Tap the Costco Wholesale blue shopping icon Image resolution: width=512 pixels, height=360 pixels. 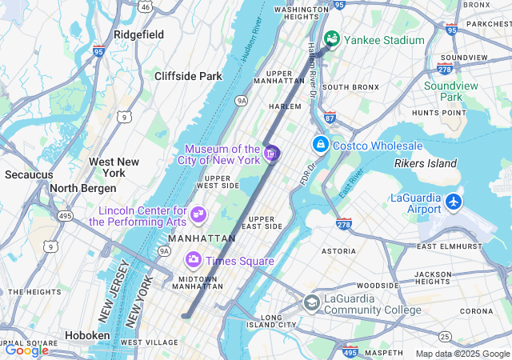pos(320,145)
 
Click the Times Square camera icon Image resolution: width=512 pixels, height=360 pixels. pos(193,260)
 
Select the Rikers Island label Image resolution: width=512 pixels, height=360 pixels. pos(425,164)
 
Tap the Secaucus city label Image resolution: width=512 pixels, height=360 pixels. pos(29,174)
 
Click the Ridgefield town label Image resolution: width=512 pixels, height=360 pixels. pos(139,35)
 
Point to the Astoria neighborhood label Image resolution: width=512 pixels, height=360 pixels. pos(338,250)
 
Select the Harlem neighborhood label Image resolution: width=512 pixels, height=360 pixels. pos(285,106)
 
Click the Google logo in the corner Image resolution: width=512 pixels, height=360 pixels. pos(26,350)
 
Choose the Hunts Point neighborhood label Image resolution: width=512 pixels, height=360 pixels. pos(438,113)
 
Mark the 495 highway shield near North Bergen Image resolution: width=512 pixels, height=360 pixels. pos(65,216)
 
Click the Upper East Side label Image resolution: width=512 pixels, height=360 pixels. pos(265,222)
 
